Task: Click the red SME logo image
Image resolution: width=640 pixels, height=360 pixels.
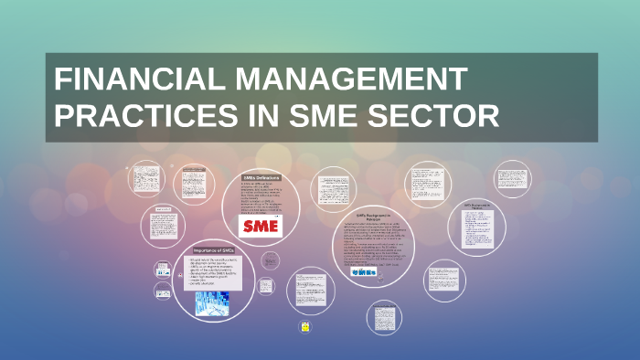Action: pos(261,226)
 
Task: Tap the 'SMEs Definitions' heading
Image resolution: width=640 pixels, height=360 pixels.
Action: pos(261,177)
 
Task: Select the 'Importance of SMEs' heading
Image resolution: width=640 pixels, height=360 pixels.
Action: pos(212,250)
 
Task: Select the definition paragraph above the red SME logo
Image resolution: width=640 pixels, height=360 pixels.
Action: pos(261,196)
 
